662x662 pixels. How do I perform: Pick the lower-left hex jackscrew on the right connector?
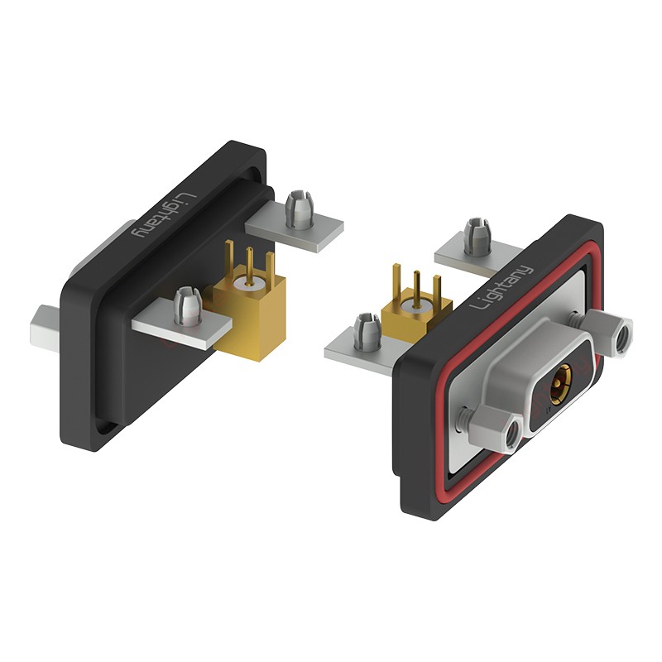click(498, 432)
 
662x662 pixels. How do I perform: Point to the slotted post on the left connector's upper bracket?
click(299, 210)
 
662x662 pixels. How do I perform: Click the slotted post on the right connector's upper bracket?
click(477, 237)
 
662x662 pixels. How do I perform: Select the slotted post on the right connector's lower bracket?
click(367, 333)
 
